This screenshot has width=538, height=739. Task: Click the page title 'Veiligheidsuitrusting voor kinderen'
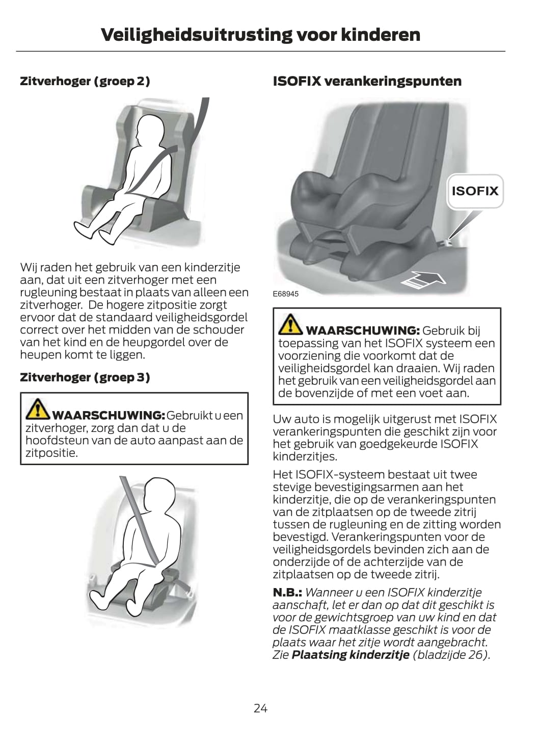click(x=260, y=35)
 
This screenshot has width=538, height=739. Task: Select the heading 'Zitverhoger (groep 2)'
click(x=85, y=81)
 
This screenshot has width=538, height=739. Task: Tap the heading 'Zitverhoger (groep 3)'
click(x=85, y=377)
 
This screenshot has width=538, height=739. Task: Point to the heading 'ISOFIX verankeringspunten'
click(x=367, y=81)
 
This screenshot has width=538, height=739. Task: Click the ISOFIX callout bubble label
click(x=475, y=191)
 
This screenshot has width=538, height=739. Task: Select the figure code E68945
click(x=285, y=294)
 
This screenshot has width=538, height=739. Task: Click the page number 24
click(x=260, y=708)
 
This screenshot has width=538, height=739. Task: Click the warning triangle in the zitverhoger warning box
click(x=38, y=409)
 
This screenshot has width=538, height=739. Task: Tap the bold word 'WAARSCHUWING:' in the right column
click(x=363, y=330)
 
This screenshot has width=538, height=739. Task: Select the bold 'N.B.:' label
click(x=287, y=592)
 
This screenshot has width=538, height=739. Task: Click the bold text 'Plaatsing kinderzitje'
click(x=351, y=655)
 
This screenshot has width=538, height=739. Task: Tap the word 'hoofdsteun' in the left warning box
click(x=56, y=441)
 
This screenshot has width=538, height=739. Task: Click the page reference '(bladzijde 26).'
click(x=451, y=655)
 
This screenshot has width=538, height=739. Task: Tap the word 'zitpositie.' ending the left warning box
click(x=52, y=453)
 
